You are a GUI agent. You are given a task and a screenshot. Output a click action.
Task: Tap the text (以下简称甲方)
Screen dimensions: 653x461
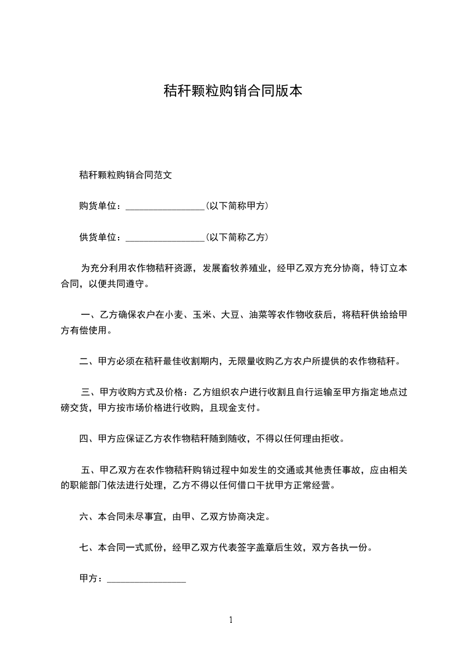[237, 206]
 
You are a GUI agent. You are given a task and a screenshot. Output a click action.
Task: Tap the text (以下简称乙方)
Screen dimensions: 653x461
[237, 237]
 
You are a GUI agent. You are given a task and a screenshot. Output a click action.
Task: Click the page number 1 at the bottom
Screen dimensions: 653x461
[231, 620]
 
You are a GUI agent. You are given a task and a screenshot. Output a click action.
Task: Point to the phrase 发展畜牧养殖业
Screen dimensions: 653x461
[235, 269]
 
